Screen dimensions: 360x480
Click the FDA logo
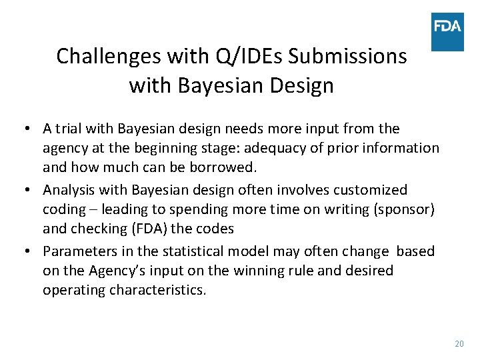(x=447, y=31)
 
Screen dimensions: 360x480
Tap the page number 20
(x=459, y=343)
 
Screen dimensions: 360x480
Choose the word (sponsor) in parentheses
(x=401, y=209)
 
